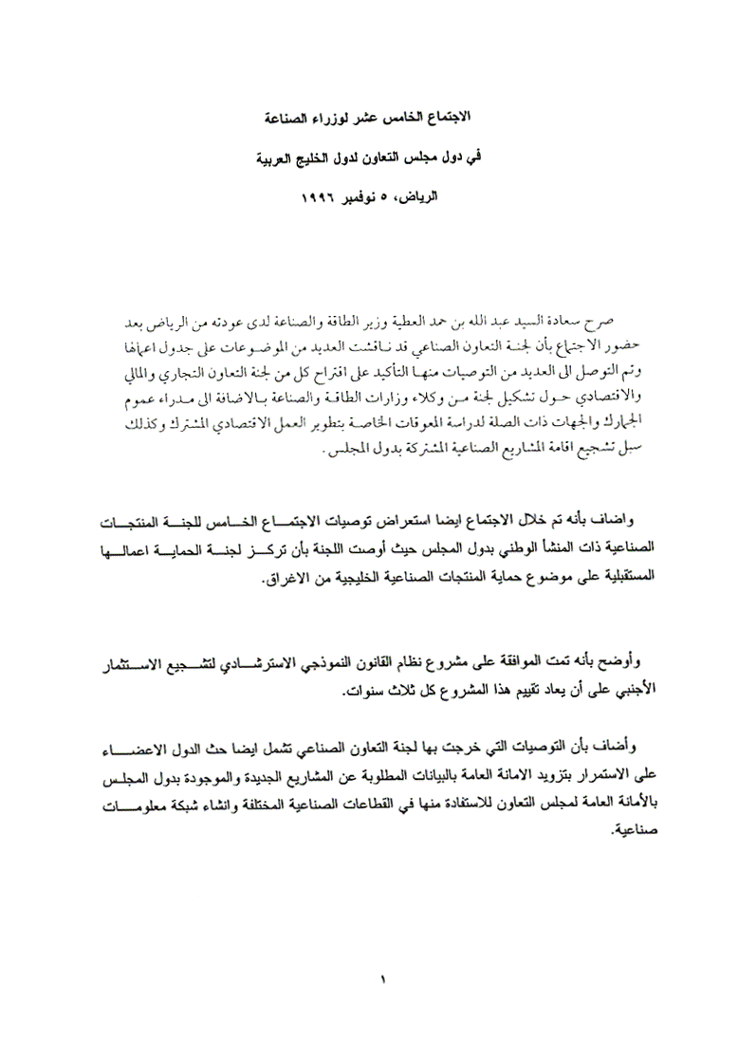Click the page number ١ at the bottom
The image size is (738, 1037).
[381, 977]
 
